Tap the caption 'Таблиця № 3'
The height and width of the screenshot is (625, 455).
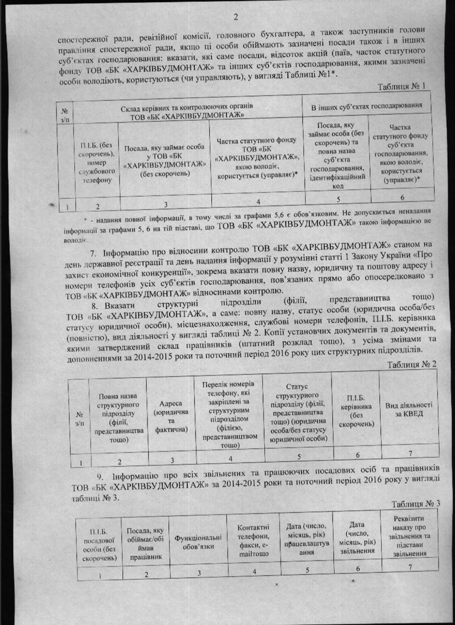(x=415, y=504)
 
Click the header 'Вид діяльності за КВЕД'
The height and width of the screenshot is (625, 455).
(x=408, y=409)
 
